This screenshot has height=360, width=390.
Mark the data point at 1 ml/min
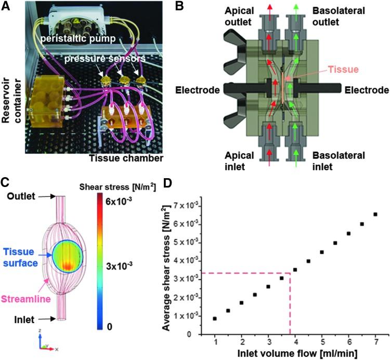coord(215,318)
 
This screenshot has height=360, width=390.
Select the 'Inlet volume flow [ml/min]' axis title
coord(294,354)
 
